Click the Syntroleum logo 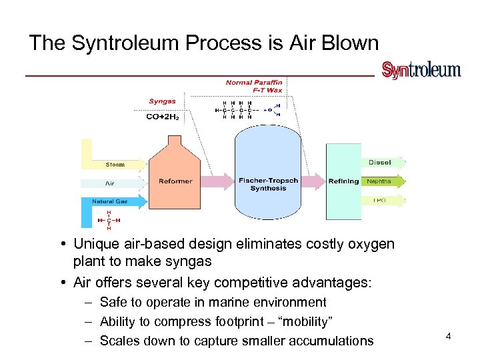421,70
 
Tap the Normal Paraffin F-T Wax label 254,86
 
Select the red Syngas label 162,101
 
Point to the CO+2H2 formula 162,117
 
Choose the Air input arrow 112,183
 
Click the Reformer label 175,181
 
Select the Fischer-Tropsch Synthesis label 268,184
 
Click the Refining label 343,181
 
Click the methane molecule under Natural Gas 109,220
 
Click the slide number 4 449,336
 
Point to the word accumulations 329,341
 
